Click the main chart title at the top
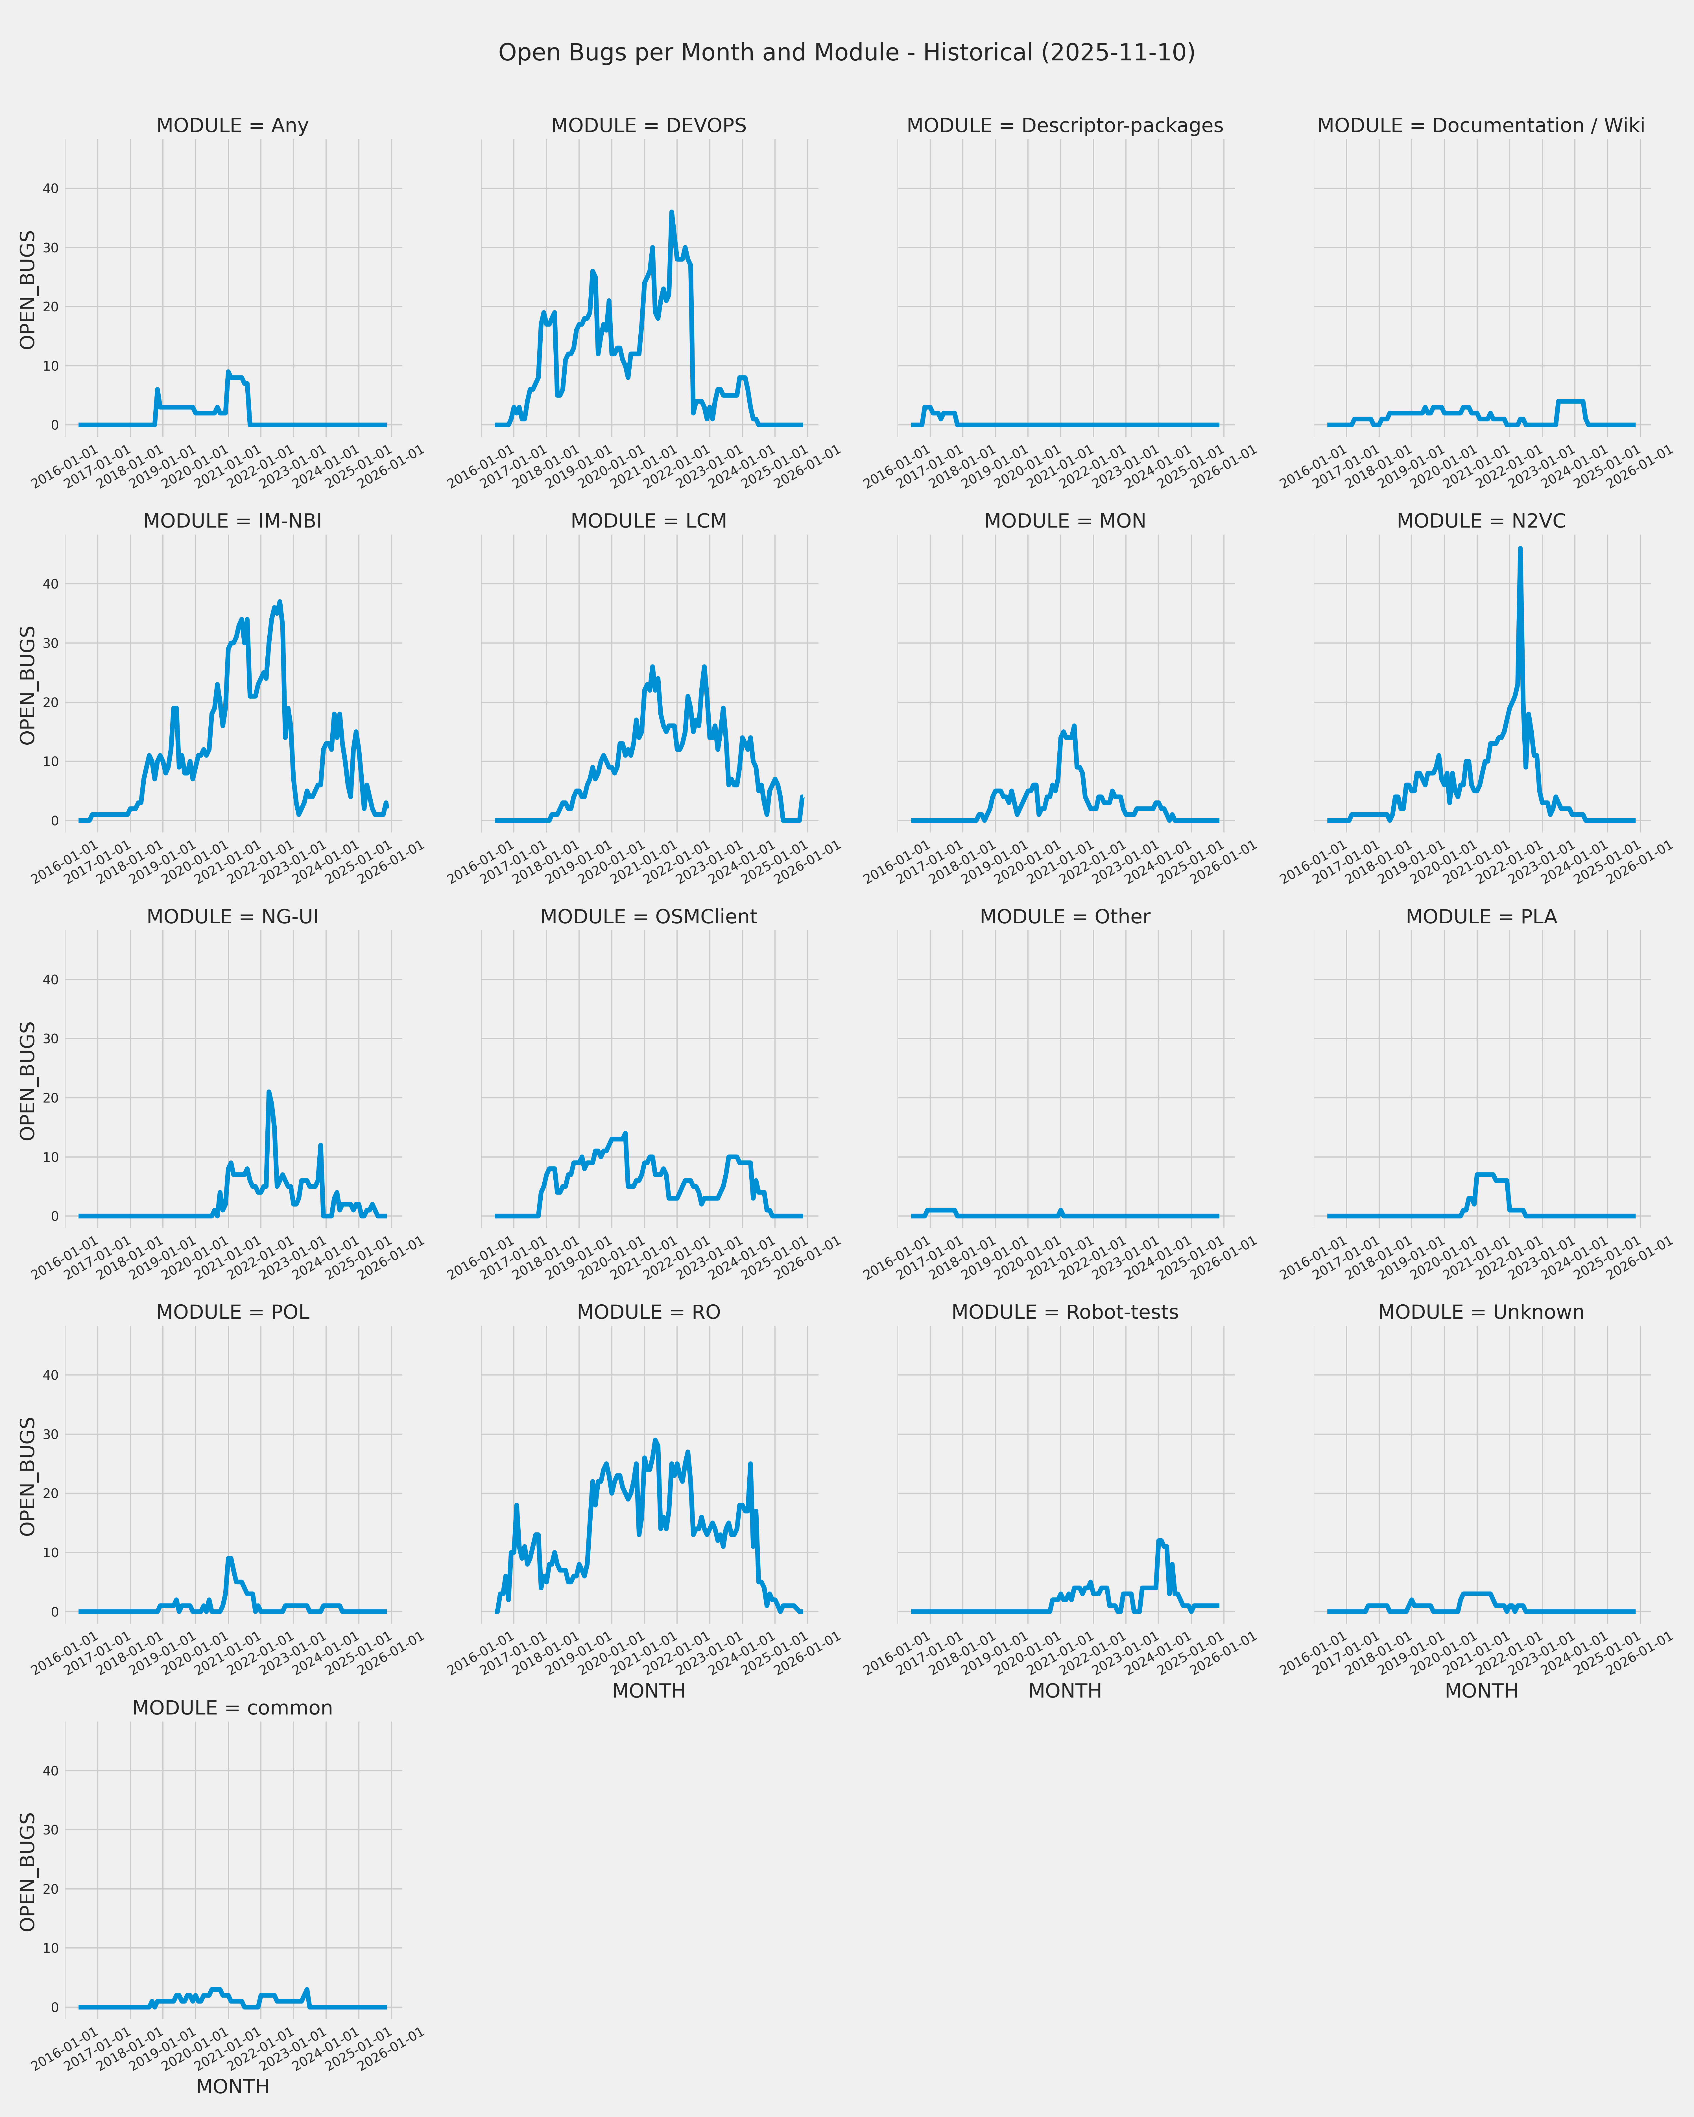pos(846,53)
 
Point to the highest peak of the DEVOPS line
pos(672,212)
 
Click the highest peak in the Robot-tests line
pos(1160,1541)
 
